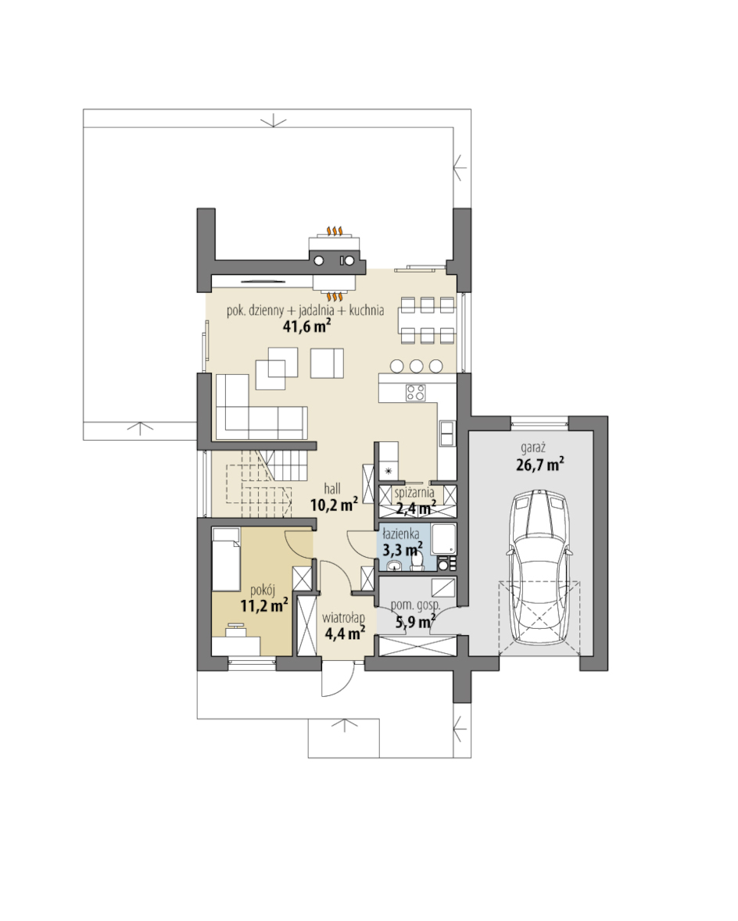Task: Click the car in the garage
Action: click(540, 568)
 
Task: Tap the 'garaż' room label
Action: click(532, 448)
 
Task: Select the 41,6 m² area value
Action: click(306, 327)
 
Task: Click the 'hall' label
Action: click(332, 489)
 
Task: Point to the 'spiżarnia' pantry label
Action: click(414, 493)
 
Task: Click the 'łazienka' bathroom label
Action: click(400, 534)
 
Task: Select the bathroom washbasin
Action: click(393, 565)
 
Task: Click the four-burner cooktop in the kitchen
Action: click(416, 392)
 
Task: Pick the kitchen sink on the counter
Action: click(447, 433)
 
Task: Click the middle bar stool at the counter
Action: click(417, 366)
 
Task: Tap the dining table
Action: click(428, 321)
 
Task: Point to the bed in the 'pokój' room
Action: click(225, 559)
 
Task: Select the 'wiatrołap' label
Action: click(343, 618)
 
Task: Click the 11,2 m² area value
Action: click(264, 605)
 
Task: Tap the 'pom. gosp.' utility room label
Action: click(416, 605)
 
